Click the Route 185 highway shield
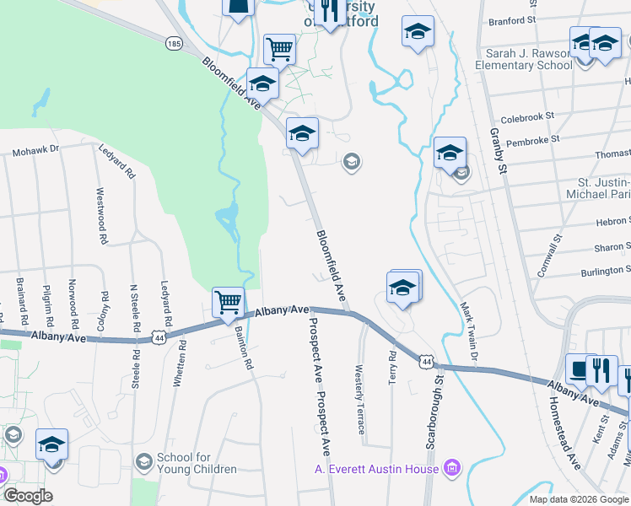[x=174, y=42]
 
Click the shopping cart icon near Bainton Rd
[x=228, y=301]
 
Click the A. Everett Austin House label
[x=376, y=469]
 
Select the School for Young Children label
[x=197, y=463]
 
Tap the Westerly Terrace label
[x=361, y=395]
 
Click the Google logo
[x=28, y=495]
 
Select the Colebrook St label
[x=526, y=116]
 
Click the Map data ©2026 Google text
[x=577, y=499]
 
